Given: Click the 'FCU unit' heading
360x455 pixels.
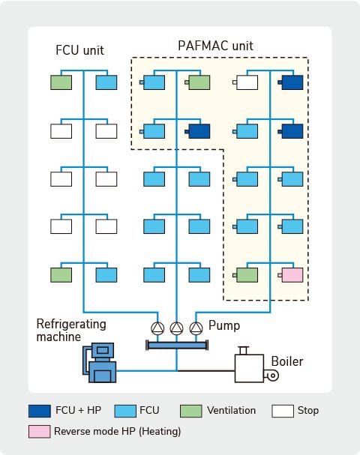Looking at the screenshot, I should [79, 50].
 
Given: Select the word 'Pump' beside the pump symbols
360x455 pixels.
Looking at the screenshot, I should [223, 326].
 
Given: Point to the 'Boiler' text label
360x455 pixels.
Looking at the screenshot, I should [287, 361].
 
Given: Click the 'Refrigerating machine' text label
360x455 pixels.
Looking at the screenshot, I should [72, 331].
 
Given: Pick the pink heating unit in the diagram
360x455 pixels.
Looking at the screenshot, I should [292, 275].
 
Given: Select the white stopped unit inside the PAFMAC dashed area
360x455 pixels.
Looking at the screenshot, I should [247, 82].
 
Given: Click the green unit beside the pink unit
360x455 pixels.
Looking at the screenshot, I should [247, 275].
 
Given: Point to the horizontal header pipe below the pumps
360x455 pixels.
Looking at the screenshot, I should [177, 345].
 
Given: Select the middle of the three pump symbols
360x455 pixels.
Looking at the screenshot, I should [177, 328].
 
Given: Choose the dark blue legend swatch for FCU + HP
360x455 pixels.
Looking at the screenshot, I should [39, 411].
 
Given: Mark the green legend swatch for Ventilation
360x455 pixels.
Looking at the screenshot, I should [192, 411].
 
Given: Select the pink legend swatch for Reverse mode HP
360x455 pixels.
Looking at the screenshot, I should [39, 432].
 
